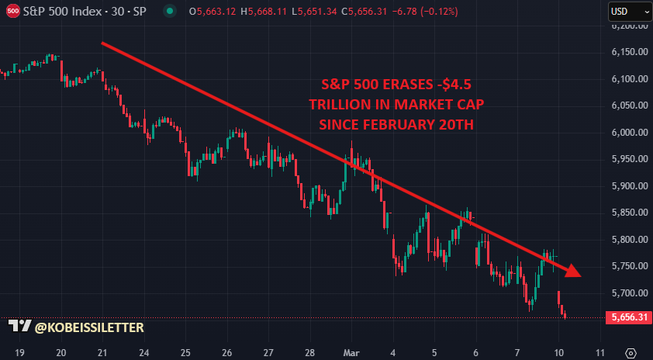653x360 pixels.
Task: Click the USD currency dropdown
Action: coord(626,12)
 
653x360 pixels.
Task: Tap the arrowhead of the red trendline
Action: coord(572,270)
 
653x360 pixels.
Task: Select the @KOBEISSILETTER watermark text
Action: coord(89,328)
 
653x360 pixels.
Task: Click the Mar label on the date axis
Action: coord(352,352)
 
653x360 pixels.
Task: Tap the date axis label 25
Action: coord(186,352)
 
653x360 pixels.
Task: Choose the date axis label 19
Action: coord(20,352)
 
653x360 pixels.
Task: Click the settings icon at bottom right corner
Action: coord(631,352)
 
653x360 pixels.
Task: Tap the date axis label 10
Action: coord(558,352)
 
